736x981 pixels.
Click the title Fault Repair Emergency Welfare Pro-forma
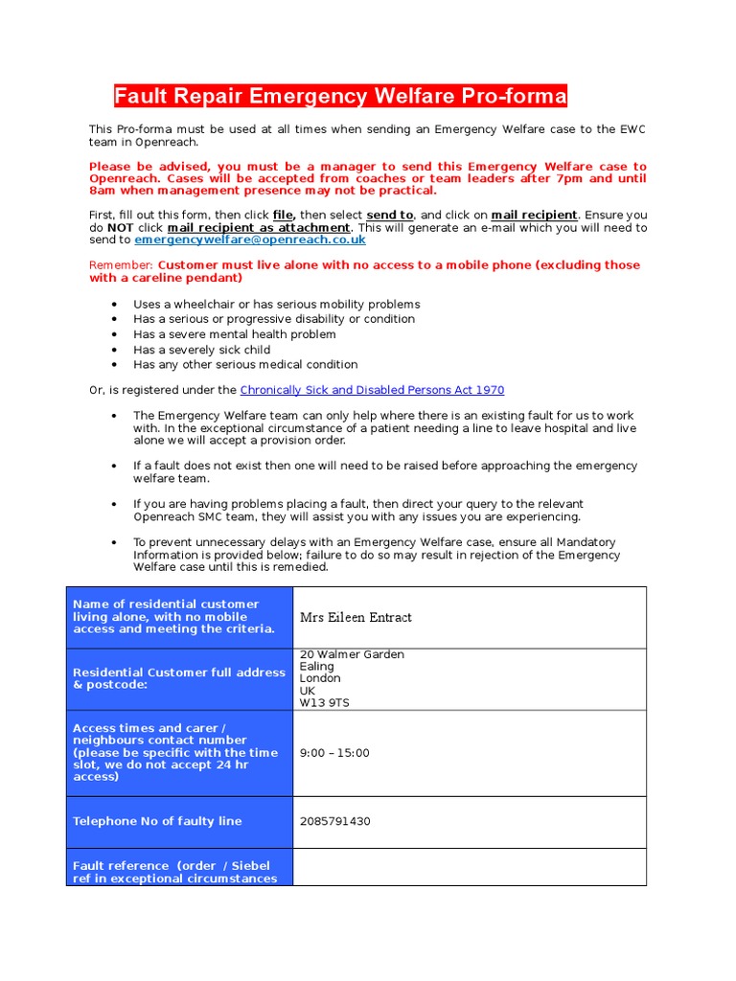click(x=340, y=97)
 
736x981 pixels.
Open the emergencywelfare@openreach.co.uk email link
click(x=249, y=240)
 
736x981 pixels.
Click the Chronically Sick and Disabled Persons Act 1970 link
click(x=372, y=390)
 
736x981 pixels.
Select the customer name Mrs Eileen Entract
click(x=356, y=617)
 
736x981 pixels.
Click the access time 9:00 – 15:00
click(x=334, y=753)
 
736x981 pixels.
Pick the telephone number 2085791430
click(x=334, y=821)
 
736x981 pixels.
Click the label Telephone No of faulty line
click(x=157, y=821)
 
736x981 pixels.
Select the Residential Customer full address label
click(x=179, y=678)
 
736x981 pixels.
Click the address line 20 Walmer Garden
click(x=352, y=654)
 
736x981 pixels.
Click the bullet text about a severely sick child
click(x=202, y=350)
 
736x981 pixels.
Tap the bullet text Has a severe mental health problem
click(x=235, y=334)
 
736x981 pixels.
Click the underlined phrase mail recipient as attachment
click(x=259, y=228)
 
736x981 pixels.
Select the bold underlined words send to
click(x=390, y=216)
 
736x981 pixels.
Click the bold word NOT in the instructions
click(x=120, y=228)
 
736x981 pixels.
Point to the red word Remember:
click(x=122, y=264)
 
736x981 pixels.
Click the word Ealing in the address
click(x=317, y=666)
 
